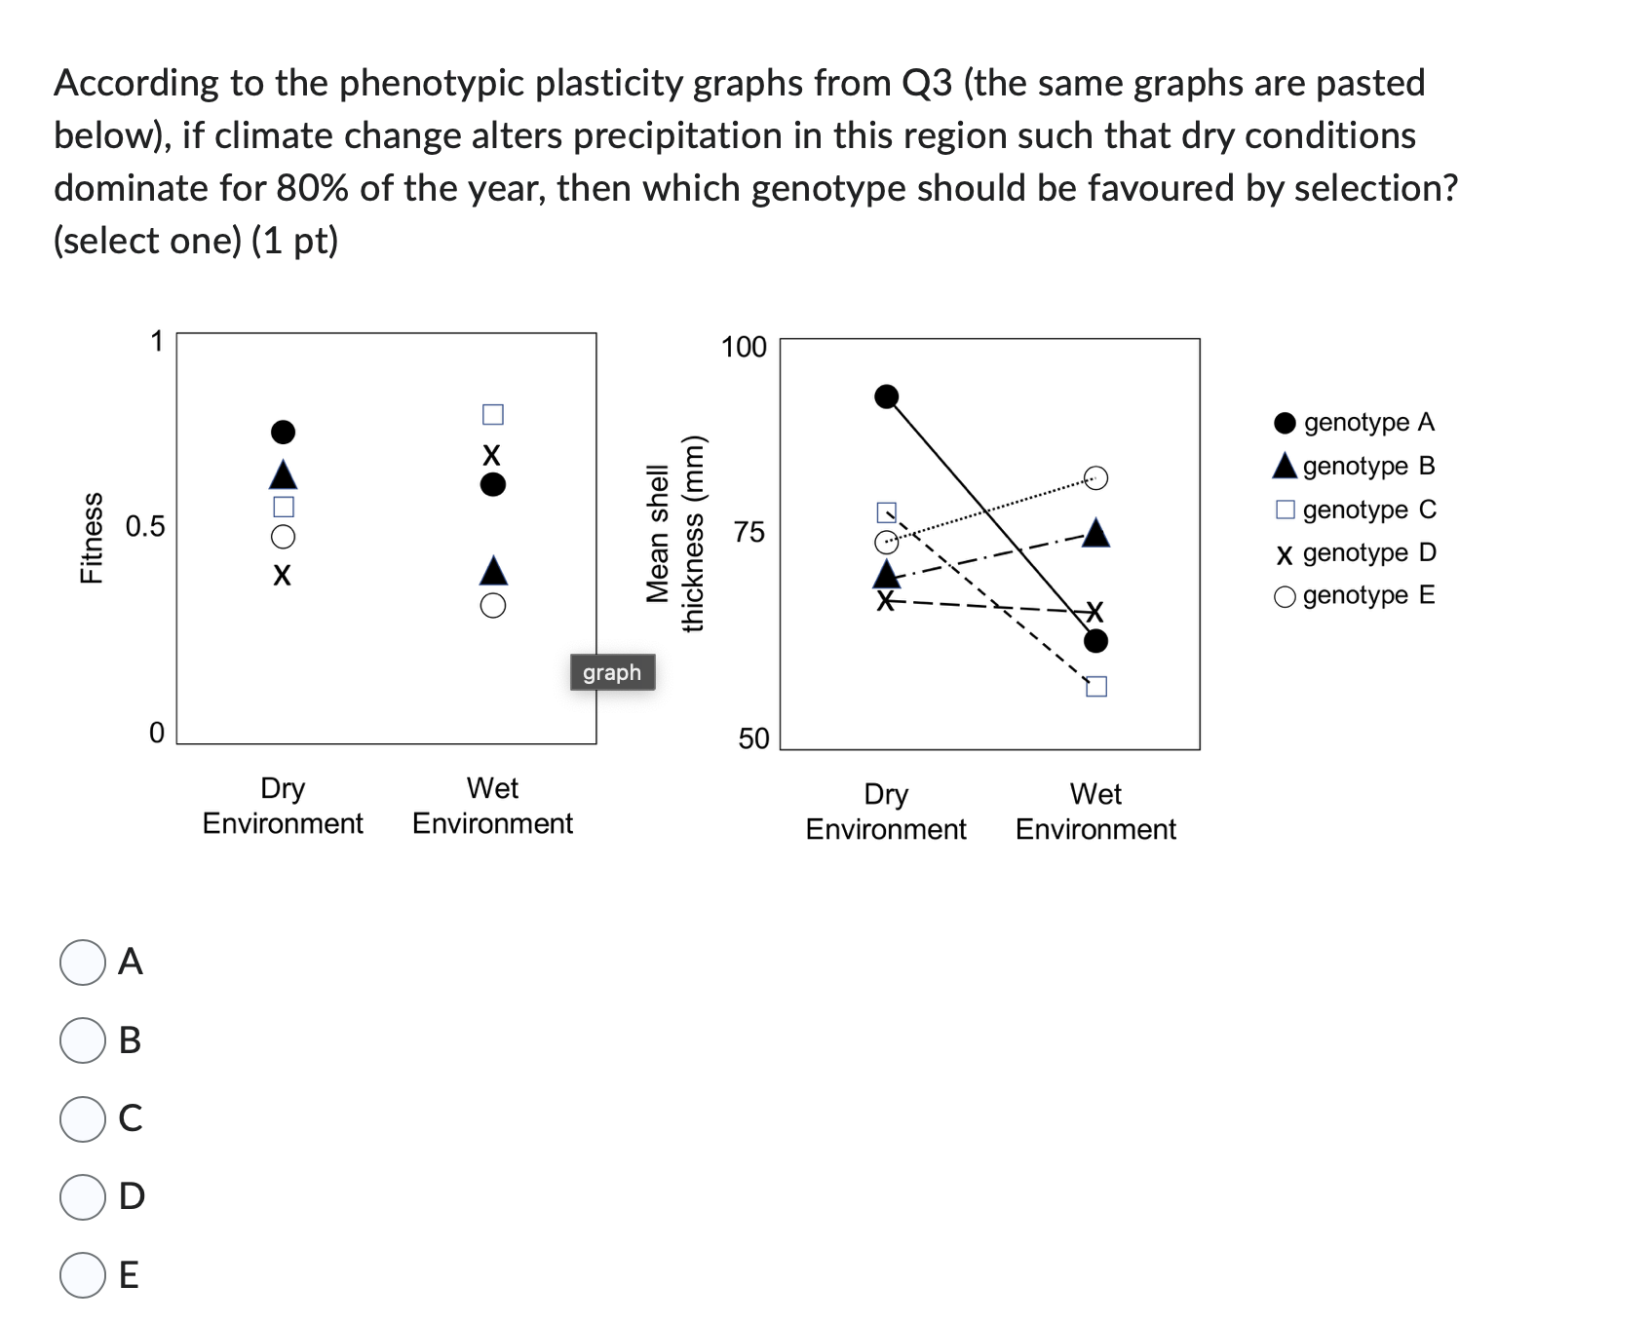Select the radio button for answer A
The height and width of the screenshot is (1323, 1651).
click(83, 963)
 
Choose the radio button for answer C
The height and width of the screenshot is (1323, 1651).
click(83, 1118)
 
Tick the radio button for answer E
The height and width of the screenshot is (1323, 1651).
click(83, 1274)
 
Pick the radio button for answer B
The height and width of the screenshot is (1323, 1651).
click(83, 1040)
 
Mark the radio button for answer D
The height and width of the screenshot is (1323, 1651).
click(83, 1196)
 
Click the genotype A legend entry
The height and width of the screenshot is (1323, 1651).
click(1354, 423)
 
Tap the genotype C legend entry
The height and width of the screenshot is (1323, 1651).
click(1355, 510)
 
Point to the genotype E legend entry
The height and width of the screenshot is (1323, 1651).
click(1354, 595)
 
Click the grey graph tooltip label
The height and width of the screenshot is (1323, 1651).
click(612, 672)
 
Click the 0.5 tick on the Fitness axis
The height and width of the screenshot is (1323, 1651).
click(145, 527)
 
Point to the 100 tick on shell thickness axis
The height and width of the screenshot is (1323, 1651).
click(744, 347)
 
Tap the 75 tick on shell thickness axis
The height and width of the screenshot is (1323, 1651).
click(749, 533)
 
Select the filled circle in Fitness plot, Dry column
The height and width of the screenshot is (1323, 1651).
click(283, 432)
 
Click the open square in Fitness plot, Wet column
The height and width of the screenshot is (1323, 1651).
click(493, 415)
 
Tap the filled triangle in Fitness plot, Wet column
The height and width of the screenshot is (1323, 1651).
click(493, 570)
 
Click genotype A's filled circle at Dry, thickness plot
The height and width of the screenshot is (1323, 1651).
click(887, 397)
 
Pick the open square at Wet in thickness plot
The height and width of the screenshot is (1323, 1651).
click(1096, 687)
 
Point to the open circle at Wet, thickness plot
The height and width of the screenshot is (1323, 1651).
click(1096, 477)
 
